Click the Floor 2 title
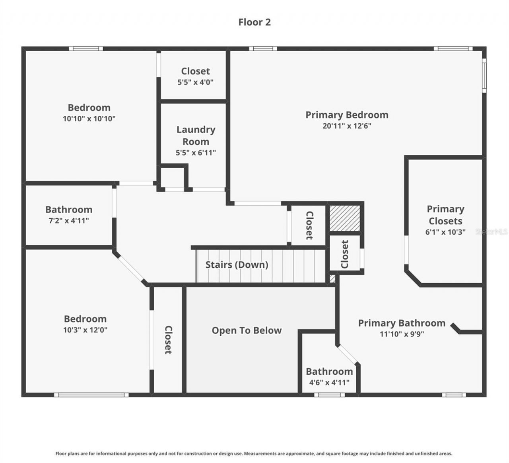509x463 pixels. coord(254,22)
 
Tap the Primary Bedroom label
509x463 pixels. coord(347,115)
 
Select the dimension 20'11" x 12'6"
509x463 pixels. coord(347,126)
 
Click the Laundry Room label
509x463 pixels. coord(196,135)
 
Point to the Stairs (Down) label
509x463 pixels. coord(237,265)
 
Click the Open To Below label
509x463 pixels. coord(247,331)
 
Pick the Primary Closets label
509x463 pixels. coord(445,215)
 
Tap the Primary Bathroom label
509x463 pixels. coord(402,323)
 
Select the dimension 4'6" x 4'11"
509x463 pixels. coord(329,383)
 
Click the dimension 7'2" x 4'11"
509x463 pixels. coord(68,221)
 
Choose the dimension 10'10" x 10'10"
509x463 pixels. coord(89,119)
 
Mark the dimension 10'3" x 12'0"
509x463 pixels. coord(85,330)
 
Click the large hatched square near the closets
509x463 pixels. coord(345,218)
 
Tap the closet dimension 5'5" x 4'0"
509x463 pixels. coord(195,82)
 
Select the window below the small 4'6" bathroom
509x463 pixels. coord(329,395)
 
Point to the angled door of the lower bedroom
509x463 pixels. coord(130,268)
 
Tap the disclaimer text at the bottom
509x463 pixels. coord(254,453)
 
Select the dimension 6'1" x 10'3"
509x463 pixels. coord(445,232)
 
